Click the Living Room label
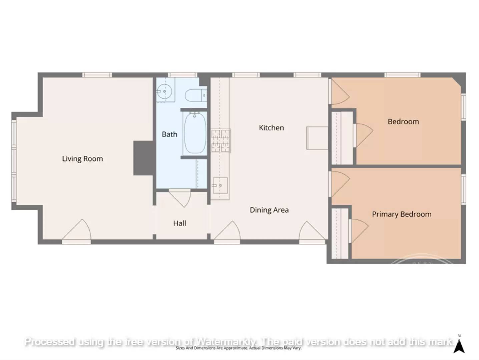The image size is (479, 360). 82,159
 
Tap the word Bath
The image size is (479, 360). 169,134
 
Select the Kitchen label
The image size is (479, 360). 271,128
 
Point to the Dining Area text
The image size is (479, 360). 269,210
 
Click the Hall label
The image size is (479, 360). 179,223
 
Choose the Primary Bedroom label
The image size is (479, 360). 402,214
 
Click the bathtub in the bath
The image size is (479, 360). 195,133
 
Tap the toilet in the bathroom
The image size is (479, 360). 195,95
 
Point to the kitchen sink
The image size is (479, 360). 220,185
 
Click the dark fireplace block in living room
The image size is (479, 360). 143,158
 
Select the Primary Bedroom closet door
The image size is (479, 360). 358,230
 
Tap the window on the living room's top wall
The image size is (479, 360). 97,75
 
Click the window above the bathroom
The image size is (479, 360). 182,75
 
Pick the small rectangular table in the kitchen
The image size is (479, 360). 317,138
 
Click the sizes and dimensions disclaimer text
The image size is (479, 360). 238,348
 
